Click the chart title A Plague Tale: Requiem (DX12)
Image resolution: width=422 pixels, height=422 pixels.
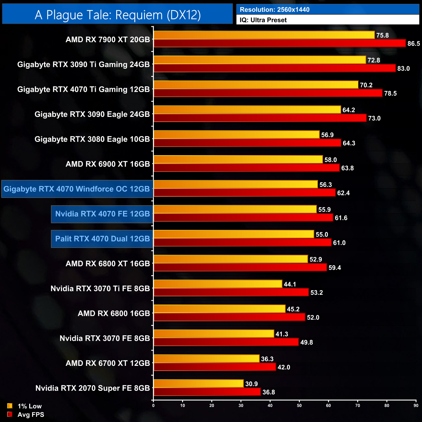coord(118,15)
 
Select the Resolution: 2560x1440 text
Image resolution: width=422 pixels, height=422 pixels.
coord(275,10)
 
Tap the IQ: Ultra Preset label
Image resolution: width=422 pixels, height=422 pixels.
coord(263,20)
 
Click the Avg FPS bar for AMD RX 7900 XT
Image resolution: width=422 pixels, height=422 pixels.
coord(279,43)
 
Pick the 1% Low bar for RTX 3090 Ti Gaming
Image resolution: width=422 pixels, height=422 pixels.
coord(259,60)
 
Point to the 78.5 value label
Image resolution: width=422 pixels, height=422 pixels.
coord(390,93)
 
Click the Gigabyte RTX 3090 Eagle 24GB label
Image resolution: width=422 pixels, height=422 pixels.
coord(92,114)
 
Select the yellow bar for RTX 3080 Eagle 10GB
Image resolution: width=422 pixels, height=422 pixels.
coord(236,134)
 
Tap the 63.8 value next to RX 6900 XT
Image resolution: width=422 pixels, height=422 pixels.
coord(347,168)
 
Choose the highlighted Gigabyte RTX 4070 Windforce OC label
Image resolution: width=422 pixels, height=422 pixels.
coord(77,189)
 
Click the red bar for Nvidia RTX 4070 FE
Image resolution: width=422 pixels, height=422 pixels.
coord(243,217)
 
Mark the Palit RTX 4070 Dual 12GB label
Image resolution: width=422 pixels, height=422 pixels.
coord(102,239)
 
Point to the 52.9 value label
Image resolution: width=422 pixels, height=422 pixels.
coord(316,259)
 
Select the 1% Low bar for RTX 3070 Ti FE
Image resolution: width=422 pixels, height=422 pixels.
coord(218,284)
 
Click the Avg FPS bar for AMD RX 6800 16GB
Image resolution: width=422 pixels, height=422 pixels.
coord(229,317)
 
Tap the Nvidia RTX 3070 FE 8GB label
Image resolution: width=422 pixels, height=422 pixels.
coord(105,339)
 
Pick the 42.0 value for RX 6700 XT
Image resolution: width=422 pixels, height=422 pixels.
coord(284,367)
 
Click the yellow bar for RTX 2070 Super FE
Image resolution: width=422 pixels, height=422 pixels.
coord(198,383)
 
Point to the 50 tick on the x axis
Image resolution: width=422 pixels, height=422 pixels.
coord(299,405)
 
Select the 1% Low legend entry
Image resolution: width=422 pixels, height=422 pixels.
coord(25,406)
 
